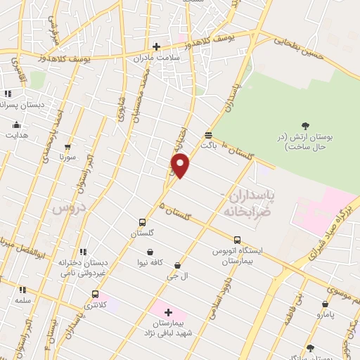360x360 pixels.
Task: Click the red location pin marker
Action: [181, 165]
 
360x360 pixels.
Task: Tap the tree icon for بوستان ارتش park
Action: [304, 126]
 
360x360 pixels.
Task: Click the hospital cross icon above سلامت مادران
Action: [156, 46]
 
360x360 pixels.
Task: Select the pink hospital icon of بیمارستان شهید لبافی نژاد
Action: [168, 312]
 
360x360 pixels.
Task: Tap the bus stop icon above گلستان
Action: [143, 221]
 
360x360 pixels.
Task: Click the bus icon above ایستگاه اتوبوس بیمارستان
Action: [237, 239]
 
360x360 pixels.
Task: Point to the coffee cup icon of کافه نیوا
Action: [150, 252]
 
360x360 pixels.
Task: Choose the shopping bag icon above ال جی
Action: [176, 265]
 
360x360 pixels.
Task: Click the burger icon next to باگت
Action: [208, 135]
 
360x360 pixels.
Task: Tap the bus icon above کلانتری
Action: [95, 295]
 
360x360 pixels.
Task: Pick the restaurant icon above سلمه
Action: [22, 289]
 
